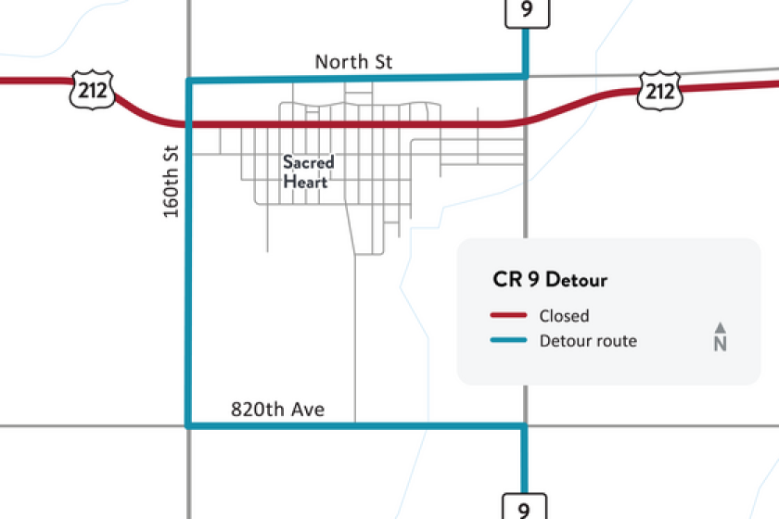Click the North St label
click(x=353, y=62)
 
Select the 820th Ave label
click(x=278, y=409)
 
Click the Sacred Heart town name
click(x=308, y=171)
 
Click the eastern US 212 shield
click(x=658, y=91)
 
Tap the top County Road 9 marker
click(x=526, y=12)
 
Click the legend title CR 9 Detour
click(x=550, y=279)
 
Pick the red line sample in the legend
click(x=508, y=316)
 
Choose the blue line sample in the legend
click(x=508, y=341)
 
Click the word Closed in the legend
click(x=564, y=316)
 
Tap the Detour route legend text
click(x=588, y=341)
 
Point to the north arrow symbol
click(x=720, y=327)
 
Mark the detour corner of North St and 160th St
click(x=189, y=82)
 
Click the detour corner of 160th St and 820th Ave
click(x=189, y=425)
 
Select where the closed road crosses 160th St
click(x=189, y=123)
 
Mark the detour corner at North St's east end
click(x=526, y=77)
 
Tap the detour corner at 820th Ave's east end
click(x=526, y=425)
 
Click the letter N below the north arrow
click(x=720, y=345)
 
